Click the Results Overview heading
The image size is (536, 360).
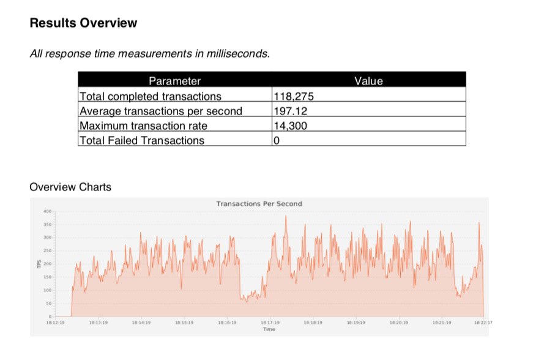pos(83,23)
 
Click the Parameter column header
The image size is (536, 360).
pos(174,81)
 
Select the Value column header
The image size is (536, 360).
pos(368,81)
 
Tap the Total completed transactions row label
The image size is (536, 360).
pos(151,96)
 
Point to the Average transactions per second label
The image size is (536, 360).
pos(161,111)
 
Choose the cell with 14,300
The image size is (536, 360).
pos(290,126)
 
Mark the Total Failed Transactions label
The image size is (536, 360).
pos(142,140)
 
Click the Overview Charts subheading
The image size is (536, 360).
pos(70,187)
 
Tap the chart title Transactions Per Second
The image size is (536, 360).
pos(259,204)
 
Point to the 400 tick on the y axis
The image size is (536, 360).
pos(47,211)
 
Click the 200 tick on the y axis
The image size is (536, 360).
pos(47,264)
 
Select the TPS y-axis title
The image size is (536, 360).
pos(39,264)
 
